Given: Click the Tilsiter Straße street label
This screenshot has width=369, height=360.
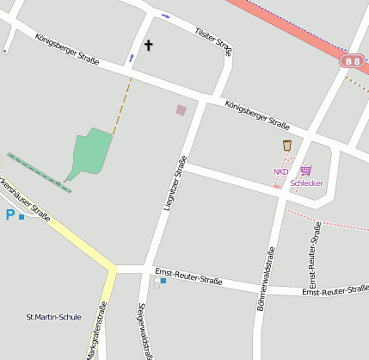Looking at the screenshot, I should [214, 40].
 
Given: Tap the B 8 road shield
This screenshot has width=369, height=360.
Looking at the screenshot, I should [351, 60].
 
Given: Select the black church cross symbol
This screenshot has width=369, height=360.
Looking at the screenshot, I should [148, 45].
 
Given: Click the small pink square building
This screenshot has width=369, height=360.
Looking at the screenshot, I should [181, 109].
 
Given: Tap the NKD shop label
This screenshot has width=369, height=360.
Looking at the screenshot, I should [280, 171].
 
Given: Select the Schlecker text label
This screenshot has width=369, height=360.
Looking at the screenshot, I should [306, 183].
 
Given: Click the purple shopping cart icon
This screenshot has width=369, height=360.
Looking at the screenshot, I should [305, 171].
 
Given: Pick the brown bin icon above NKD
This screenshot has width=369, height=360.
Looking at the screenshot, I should [287, 146].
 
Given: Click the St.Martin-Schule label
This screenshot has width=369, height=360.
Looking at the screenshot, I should [54, 317].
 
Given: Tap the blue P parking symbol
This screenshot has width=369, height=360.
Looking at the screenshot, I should [10, 214].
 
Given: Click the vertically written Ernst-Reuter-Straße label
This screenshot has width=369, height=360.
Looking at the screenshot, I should [314, 255].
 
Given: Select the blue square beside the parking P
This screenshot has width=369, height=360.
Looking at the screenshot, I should [22, 217].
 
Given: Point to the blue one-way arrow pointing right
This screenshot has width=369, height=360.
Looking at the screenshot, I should [166, 16].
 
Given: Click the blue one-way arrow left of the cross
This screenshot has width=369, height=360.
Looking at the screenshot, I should [132, 58].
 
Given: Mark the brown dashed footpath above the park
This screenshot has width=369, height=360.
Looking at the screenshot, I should [122, 104].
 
